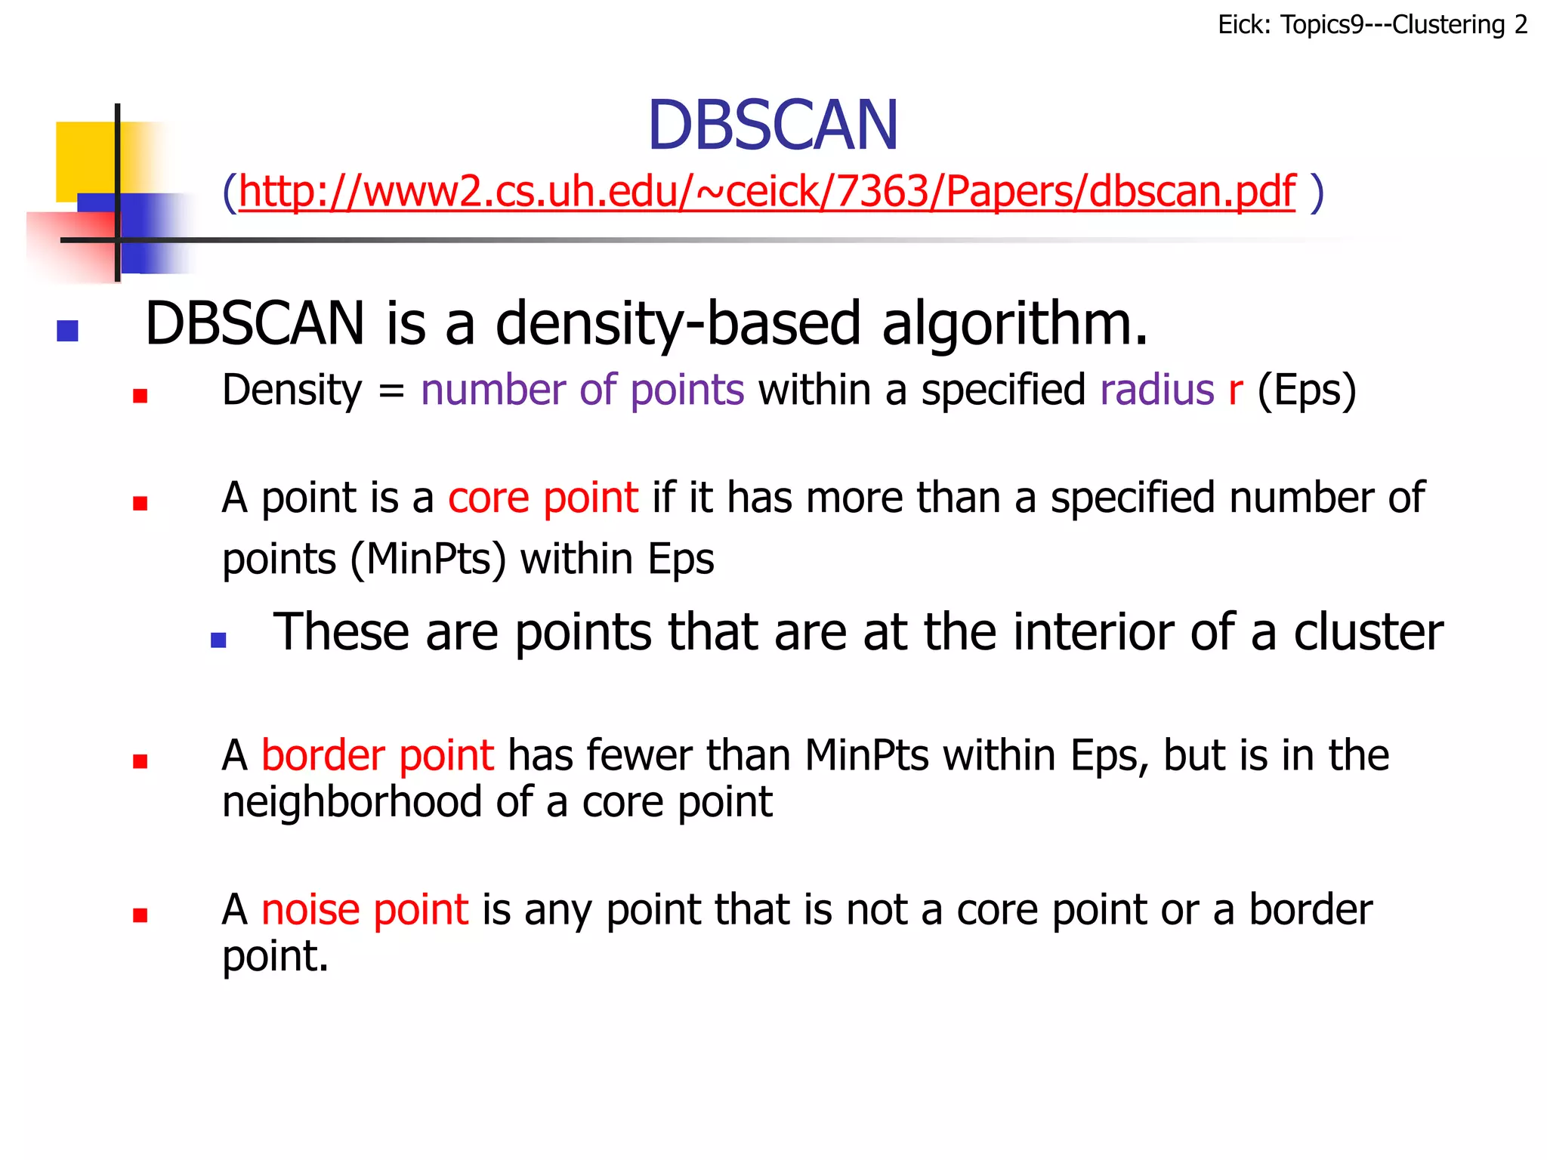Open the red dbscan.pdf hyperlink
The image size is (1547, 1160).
(767, 192)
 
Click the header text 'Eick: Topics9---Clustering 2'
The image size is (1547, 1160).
(1372, 25)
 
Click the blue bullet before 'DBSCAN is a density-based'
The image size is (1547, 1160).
(68, 331)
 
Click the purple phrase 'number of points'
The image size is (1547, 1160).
(582, 390)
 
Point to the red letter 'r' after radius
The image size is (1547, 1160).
(1235, 390)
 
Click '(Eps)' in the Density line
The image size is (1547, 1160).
(1306, 391)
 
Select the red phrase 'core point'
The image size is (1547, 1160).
(543, 498)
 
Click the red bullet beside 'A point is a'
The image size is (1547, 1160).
(140, 503)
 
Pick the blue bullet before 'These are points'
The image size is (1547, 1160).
(218, 640)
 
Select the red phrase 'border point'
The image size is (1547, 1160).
(378, 756)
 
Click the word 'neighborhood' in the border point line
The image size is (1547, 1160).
(351, 802)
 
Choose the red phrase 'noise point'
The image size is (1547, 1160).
(365, 910)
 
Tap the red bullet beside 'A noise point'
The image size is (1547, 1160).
(140, 915)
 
